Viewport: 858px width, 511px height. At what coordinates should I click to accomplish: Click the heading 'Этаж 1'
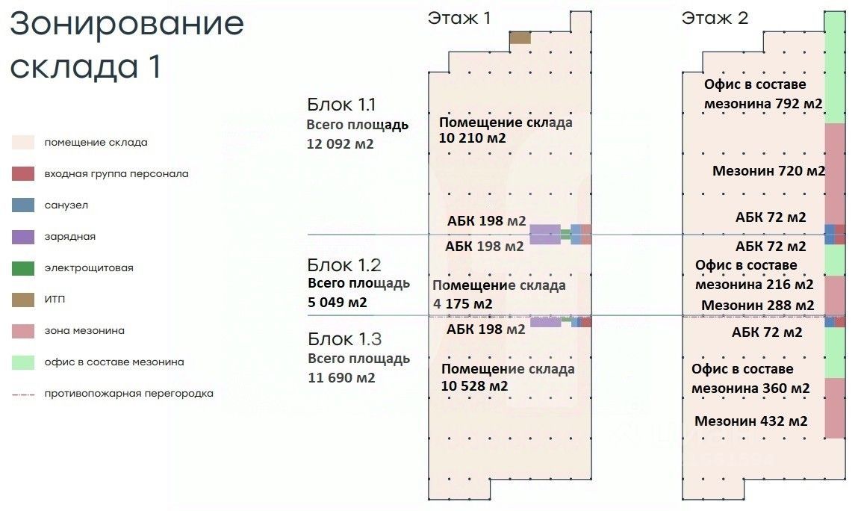[x=458, y=18]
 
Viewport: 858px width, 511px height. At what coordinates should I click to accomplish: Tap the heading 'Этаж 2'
[x=715, y=18]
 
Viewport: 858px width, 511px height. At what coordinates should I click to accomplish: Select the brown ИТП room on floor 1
[x=520, y=37]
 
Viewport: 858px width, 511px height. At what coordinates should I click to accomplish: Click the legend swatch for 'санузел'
[x=22, y=205]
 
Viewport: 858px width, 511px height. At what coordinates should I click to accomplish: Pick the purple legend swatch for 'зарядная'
[x=22, y=237]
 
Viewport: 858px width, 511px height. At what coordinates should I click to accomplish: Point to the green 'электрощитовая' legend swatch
[x=22, y=267]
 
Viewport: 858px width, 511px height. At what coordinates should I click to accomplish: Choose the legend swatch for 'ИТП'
[x=22, y=300]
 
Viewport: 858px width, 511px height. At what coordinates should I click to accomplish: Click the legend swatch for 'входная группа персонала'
[x=22, y=174]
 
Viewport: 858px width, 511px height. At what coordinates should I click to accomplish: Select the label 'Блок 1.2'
[x=345, y=264]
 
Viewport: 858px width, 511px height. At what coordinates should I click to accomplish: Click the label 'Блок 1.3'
[x=345, y=339]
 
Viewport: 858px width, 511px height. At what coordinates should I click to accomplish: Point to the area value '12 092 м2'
[x=340, y=143]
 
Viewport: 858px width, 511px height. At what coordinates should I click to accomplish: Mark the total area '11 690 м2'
[x=341, y=378]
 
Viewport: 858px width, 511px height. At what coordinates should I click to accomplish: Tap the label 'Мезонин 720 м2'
[x=768, y=171]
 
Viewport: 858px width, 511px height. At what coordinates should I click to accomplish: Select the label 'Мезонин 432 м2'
[x=750, y=421]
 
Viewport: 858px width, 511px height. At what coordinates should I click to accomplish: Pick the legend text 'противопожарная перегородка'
[x=128, y=394]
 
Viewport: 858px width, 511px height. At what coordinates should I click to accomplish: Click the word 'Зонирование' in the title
[x=127, y=24]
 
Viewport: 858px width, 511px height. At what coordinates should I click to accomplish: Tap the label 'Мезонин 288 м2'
[x=757, y=306]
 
